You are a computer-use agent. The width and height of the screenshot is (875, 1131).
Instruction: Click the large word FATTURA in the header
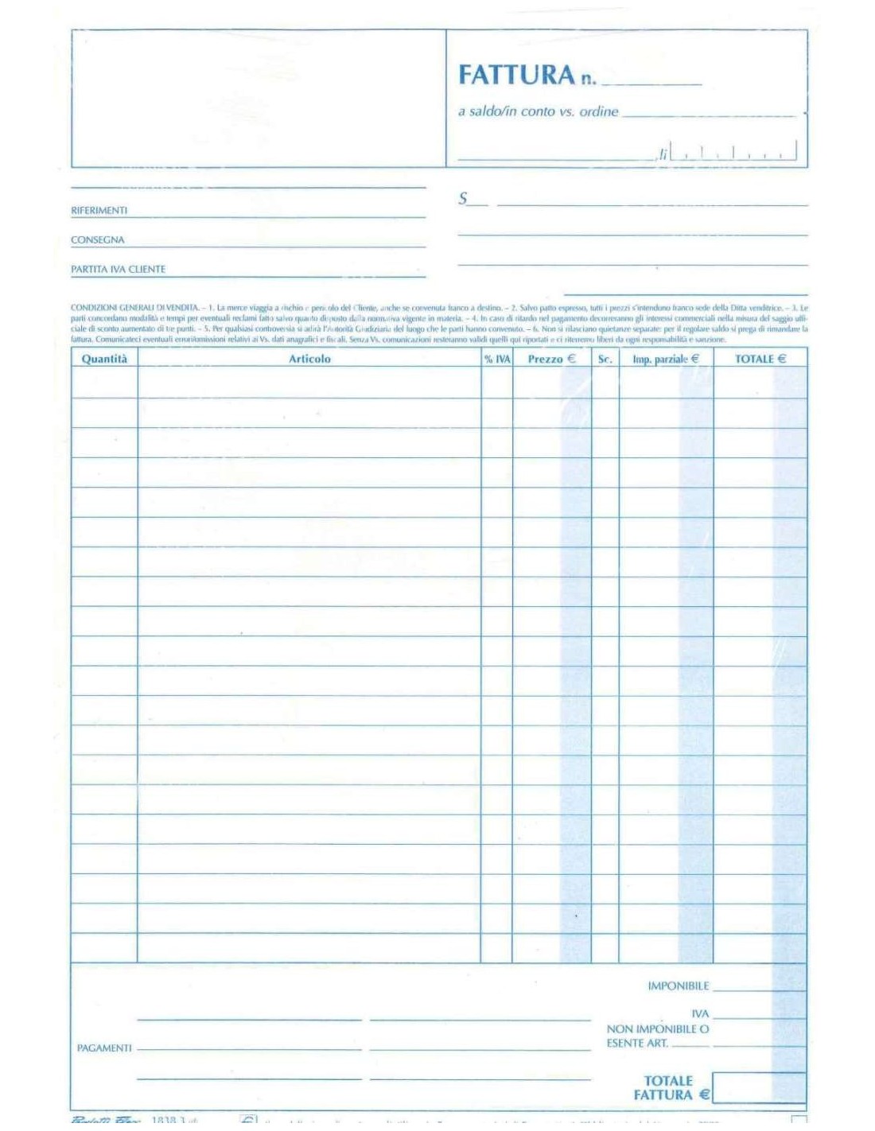(x=515, y=75)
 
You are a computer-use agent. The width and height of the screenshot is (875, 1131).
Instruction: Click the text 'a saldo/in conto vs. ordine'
(x=538, y=111)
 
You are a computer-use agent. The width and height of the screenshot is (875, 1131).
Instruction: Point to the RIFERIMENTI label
(x=99, y=211)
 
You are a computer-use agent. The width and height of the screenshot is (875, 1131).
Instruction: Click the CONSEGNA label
(x=97, y=240)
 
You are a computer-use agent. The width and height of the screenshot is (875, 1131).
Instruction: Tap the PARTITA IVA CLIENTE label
(x=118, y=270)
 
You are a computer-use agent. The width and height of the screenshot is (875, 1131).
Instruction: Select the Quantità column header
(x=104, y=359)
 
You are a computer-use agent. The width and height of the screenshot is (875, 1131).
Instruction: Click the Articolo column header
(x=309, y=359)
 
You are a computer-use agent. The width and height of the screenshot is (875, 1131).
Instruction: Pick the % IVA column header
(x=497, y=360)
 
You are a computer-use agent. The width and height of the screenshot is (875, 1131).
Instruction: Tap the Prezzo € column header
(x=551, y=360)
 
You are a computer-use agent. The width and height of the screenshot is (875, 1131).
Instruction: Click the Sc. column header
(x=605, y=360)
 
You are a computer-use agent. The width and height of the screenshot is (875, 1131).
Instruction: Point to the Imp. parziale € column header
(x=666, y=360)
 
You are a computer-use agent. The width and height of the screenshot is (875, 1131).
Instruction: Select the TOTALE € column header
(x=760, y=360)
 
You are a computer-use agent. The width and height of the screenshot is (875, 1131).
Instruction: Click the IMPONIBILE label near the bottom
(x=678, y=986)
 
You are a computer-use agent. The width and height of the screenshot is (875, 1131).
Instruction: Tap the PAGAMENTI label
(x=104, y=1048)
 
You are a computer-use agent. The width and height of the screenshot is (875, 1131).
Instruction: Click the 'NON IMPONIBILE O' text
(x=658, y=1029)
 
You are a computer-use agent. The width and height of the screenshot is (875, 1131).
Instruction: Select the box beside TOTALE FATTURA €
(x=759, y=1087)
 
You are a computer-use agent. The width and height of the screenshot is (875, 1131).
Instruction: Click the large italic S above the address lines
(x=463, y=199)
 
